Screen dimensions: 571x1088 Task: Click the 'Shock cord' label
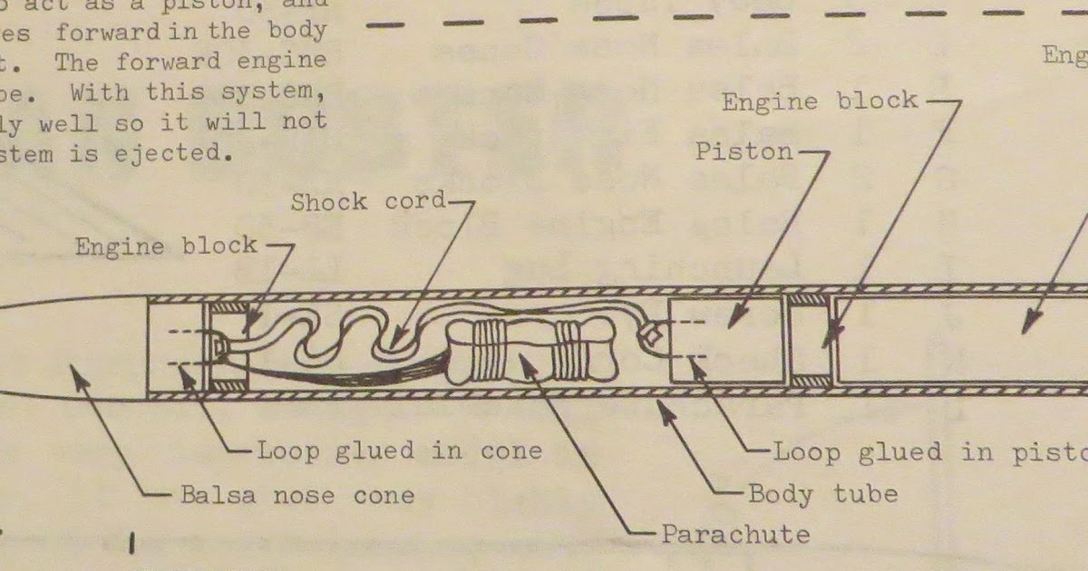pyautogui.click(x=369, y=202)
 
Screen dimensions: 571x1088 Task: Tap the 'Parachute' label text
pyautogui.click(x=734, y=534)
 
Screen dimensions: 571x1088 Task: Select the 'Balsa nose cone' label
pyautogui.click(x=296, y=496)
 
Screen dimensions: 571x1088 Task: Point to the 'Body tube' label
pyautogui.click(x=822, y=495)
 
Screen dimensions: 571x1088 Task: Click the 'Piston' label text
pyautogui.click(x=743, y=151)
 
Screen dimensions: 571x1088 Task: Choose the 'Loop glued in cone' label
pyautogui.click(x=400, y=450)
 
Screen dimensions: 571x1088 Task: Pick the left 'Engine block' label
pyautogui.click(x=166, y=247)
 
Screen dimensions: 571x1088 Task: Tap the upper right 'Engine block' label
pyautogui.click(x=820, y=101)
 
